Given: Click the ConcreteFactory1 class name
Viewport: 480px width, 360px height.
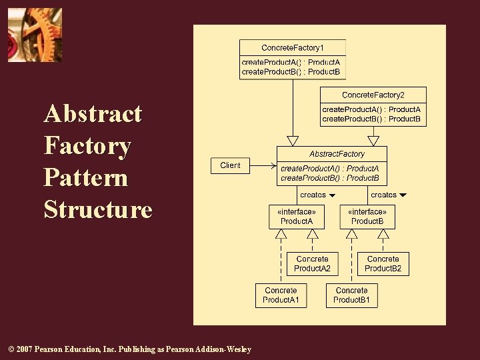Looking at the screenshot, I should tap(293, 47).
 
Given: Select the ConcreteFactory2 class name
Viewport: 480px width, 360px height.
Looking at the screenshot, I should tap(373, 95).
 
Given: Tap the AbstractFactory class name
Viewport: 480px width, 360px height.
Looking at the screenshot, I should tap(337, 154).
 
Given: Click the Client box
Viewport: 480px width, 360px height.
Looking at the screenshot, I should tap(230, 165).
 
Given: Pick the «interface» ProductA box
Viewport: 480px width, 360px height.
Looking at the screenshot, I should tap(296, 217).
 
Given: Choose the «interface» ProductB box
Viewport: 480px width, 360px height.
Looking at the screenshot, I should tap(367, 217).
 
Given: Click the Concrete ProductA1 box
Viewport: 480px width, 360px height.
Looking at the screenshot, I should tap(281, 295).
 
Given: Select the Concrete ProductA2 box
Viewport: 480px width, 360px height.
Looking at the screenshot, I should tap(312, 264).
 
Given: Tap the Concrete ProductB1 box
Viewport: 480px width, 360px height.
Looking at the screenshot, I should tap(351, 295).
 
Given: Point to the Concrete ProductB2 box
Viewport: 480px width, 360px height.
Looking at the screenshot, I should tap(383, 264).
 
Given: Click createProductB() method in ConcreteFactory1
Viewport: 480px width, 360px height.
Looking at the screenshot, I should tap(291, 72).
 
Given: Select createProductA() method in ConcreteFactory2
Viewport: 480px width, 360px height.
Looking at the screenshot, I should tap(371, 109).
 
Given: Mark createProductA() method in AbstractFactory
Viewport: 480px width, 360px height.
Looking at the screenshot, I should tap(329, 169).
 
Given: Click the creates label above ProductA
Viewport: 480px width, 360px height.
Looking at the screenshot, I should tap(313, 195).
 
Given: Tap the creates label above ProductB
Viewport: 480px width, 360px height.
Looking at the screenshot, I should tap(383, 195).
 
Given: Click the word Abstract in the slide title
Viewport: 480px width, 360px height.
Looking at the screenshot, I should tap(93, 114).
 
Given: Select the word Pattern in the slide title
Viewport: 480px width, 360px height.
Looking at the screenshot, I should tap(85, 178).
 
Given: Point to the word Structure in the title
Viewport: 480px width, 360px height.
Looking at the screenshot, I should tap(98, 210).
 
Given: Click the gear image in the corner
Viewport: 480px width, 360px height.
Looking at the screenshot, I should tap(35, 35).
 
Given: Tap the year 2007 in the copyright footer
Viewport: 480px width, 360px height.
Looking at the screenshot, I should tap(23, 349).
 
